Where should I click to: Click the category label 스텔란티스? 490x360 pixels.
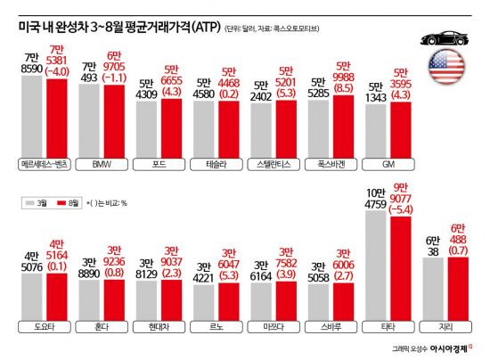pos(273,166)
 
